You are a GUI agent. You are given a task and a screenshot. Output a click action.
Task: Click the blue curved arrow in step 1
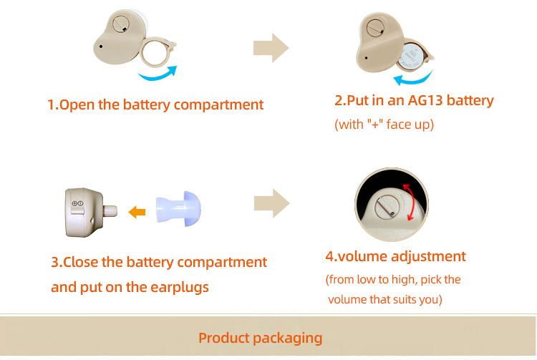158,74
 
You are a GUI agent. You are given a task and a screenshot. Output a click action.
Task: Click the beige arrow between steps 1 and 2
271,48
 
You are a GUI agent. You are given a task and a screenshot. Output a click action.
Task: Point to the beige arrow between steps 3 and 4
271,203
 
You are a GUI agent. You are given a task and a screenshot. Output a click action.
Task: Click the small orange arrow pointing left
137,211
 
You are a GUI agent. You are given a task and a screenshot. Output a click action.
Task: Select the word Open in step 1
77,104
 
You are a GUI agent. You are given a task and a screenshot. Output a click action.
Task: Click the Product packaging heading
261,338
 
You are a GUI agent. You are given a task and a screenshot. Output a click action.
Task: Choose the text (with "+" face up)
384,124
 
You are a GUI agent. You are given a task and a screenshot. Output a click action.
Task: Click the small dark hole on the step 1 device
102,48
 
